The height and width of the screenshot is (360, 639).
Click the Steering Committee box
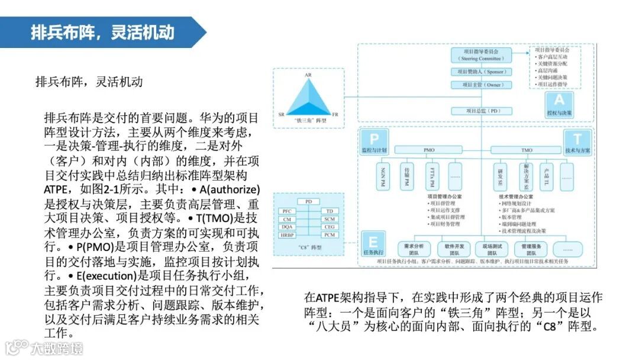coord(482,56)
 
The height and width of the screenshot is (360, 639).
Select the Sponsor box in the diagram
coord(482,72)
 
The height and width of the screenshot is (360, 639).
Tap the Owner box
coord(482,85)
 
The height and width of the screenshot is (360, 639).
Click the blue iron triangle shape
coord(308,97)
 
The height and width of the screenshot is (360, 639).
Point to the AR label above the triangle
coord(308,76)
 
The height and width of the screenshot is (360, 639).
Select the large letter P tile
coord(373,139)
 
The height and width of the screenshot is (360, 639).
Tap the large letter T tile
coord(577,140)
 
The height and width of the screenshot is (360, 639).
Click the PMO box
coord(429,150)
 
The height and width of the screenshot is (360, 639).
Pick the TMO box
coord(527,150)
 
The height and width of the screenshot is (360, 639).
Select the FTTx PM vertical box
coord(432,176)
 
